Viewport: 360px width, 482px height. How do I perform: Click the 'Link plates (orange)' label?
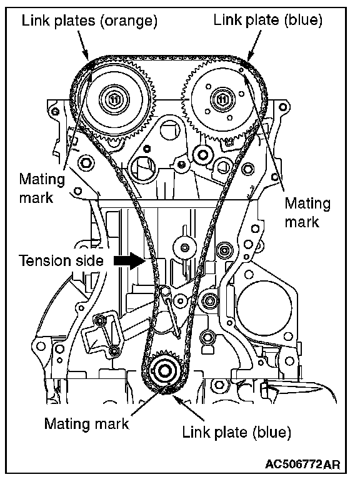tap(89, 21)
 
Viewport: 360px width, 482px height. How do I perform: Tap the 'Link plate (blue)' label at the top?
tap(267, 21)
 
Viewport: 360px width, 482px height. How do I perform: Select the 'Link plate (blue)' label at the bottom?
tap(236, 432)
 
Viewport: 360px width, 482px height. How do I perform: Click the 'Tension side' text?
tap(61, 260)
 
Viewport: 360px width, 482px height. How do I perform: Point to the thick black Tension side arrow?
tap(129, 261)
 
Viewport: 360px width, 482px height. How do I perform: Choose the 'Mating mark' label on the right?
tap(307, 212)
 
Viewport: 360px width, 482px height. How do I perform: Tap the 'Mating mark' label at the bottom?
tap(86, 423)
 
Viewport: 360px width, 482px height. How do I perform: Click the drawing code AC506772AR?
tap(302, 464)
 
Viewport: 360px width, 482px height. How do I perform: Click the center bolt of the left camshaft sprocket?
tap(114, 99)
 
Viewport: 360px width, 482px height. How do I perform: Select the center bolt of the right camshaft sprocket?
tap(222, 99)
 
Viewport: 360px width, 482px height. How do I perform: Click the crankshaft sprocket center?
tap(164, 371)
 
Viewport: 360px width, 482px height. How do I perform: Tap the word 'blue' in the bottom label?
tap(272, 433)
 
